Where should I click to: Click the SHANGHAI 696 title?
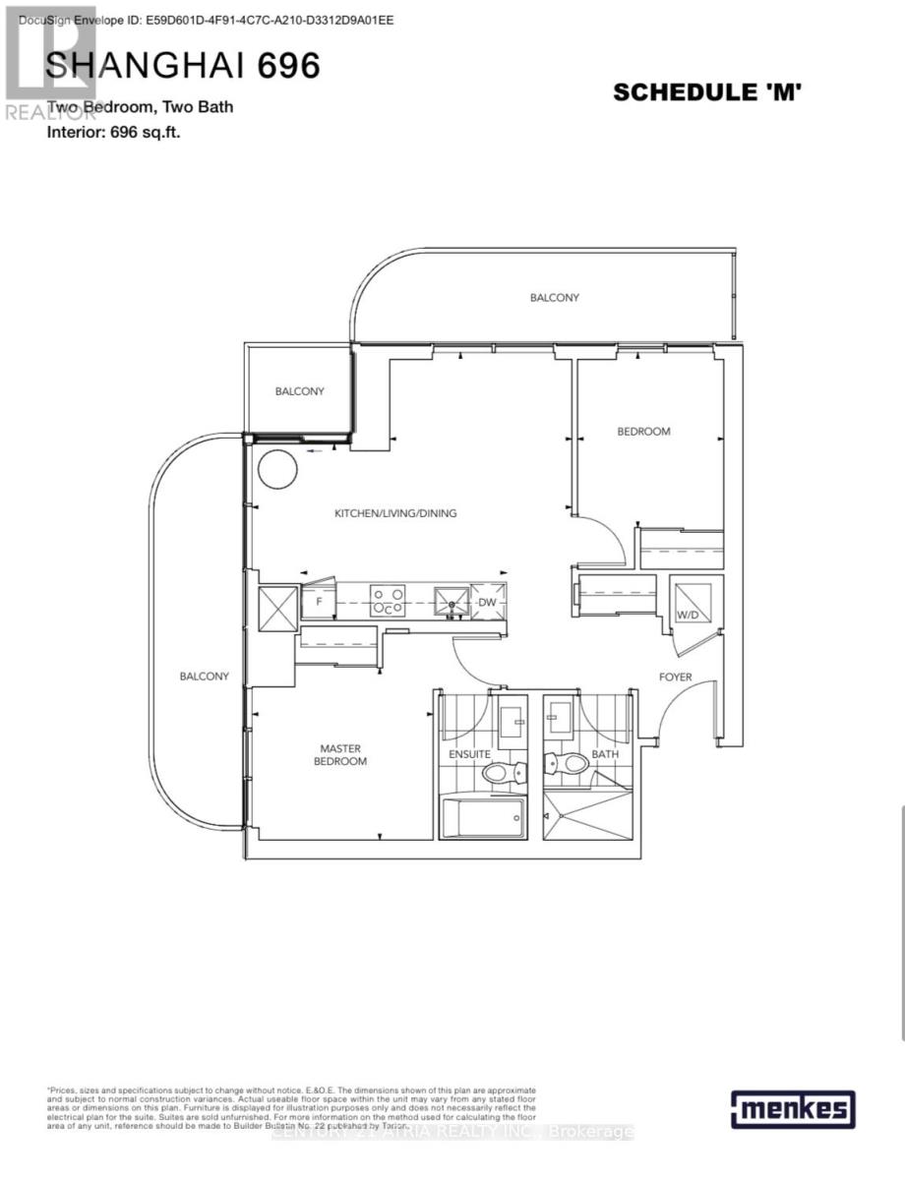click(x=183, y=66)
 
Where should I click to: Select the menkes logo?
click(x=792, y=1110)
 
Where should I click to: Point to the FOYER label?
click(x=675, y=678)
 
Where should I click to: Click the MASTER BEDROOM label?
click(x=340, y=755)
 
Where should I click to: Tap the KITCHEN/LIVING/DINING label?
click(x=395, y=513)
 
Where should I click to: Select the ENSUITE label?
click(x=470, y=754)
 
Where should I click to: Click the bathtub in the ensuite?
click(x=483, y=817)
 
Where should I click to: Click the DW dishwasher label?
click(x=487, y=603)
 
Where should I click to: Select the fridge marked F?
click(x=317, y=601)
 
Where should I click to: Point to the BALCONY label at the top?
click(x=555, y=297)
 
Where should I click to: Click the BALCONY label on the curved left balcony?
click(x=205, y=677)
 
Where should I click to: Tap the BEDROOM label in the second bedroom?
click(x=643, y=432)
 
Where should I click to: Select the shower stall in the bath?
click(x=585, y=816)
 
